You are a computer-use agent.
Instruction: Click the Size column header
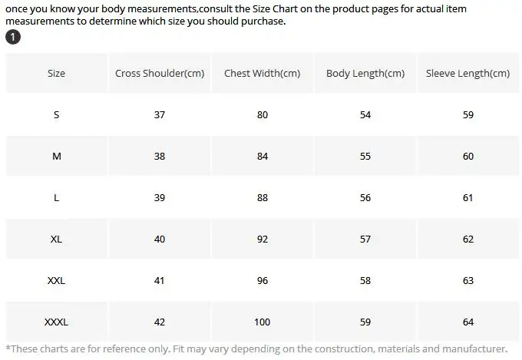coord(56,74)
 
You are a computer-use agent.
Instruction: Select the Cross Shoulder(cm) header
coord(160,74)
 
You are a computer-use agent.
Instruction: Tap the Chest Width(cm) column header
coord(263,74)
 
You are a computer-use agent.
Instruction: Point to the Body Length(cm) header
coord(365,74)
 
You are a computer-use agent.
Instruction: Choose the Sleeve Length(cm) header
coord(467,74)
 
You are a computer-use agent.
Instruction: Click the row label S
coord(56,115)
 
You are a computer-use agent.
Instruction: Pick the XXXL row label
coord(56,322)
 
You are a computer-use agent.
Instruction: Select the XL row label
coord(56,239)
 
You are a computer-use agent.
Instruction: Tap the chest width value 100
coord(263,322)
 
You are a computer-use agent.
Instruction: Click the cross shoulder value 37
coord(160,115)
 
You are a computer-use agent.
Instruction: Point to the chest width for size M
coord(263,157)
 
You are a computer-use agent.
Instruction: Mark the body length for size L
coord(365,198)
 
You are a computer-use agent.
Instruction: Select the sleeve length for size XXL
coord(467,281)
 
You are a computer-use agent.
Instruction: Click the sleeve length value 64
coord(467,322)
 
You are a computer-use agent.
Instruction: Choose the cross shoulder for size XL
coord(160,239)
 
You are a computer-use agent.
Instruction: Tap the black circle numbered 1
coord(13,38)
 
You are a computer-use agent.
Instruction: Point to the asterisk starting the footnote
coord(8,348)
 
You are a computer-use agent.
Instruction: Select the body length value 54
coord(365,115)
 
